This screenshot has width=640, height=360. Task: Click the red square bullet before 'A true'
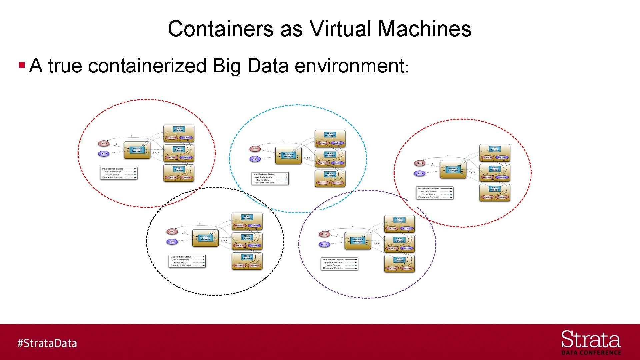(22, 65)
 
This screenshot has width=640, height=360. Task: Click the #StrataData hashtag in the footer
(47, 343)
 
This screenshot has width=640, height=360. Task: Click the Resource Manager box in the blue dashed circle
(288, 155)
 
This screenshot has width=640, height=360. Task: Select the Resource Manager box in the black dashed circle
(205, 238)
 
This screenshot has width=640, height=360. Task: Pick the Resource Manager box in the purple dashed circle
(357, 241)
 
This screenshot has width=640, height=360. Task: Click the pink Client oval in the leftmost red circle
(104, 143)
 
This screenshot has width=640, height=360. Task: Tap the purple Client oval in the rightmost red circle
(420, 173)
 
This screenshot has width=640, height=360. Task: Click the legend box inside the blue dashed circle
(270, 178)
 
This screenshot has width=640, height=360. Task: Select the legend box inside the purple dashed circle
(339, 264)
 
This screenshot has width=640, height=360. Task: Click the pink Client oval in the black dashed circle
(172, 231)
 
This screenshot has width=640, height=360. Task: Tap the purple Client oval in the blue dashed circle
(255, 159)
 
